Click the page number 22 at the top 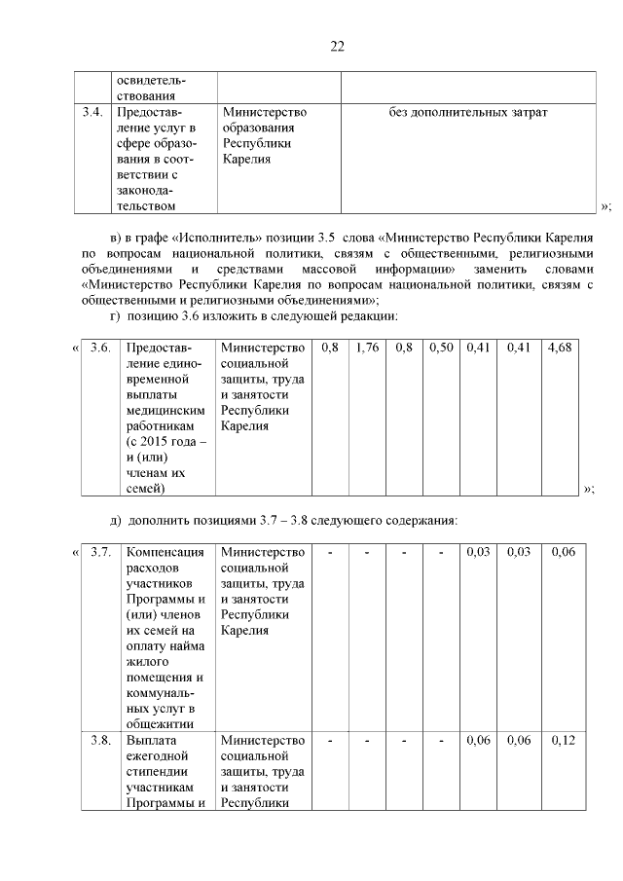pyautogui.click(x=338, y=47)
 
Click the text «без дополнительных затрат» pyautogui.click(x=467, y=113)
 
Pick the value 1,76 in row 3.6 pyautogui.click(x=367, y=348)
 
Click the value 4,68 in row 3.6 pyautogui.click(x=560, y=348)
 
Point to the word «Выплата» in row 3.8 pyautogui.click(x=150, y=741)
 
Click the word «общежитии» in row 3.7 pyautogui.click(x=159, y=723)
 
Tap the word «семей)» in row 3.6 pyautogui.click(x=145, y=488)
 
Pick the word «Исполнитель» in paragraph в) pyautogui.click(x=209, y=238)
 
